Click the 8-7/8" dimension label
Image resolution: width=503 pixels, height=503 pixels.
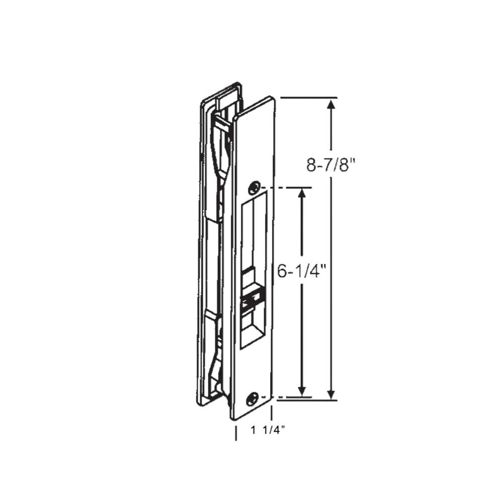click(334, 165)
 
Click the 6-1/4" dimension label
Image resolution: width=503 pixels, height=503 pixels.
click(303, 272)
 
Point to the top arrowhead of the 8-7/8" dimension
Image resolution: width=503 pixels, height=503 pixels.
click(330, 105)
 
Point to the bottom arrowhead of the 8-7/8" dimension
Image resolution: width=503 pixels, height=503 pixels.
click(330, 393)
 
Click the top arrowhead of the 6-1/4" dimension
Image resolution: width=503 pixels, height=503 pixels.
click(302, 194)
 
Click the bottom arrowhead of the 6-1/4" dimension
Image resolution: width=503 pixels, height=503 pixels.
click(302, 390)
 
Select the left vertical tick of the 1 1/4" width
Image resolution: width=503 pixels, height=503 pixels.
click(236, 433)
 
